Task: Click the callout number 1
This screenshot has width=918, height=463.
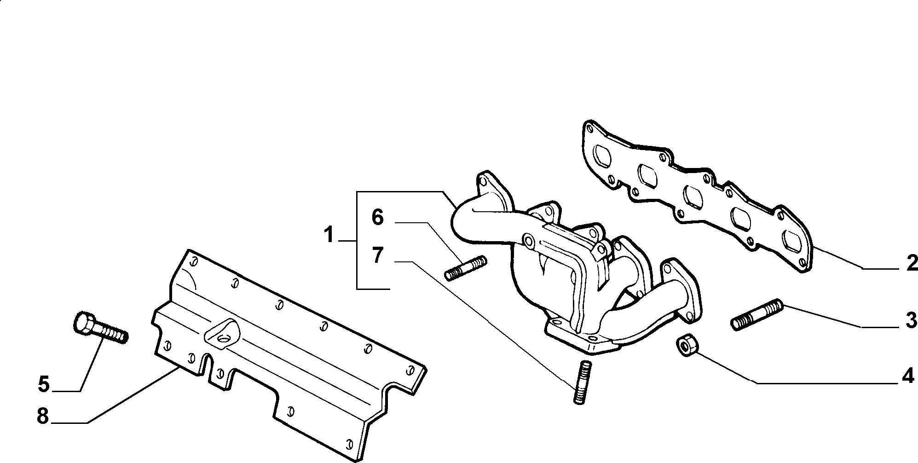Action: tap(328, 236)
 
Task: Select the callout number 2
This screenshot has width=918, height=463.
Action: tap(912, 264)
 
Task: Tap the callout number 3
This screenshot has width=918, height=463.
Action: tap(911, 320)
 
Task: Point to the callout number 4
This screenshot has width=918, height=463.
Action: tap(907, 377)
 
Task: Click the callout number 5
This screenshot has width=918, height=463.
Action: tap(43, 384)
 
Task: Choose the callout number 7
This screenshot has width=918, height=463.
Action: tap(377, 255)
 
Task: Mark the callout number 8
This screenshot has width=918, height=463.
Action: tap(42, 417)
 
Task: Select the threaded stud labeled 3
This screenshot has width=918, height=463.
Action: tap(756, 314)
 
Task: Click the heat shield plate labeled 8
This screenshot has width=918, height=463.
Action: tap(290, 354)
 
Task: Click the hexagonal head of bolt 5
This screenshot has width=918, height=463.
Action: tap(86, 321)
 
